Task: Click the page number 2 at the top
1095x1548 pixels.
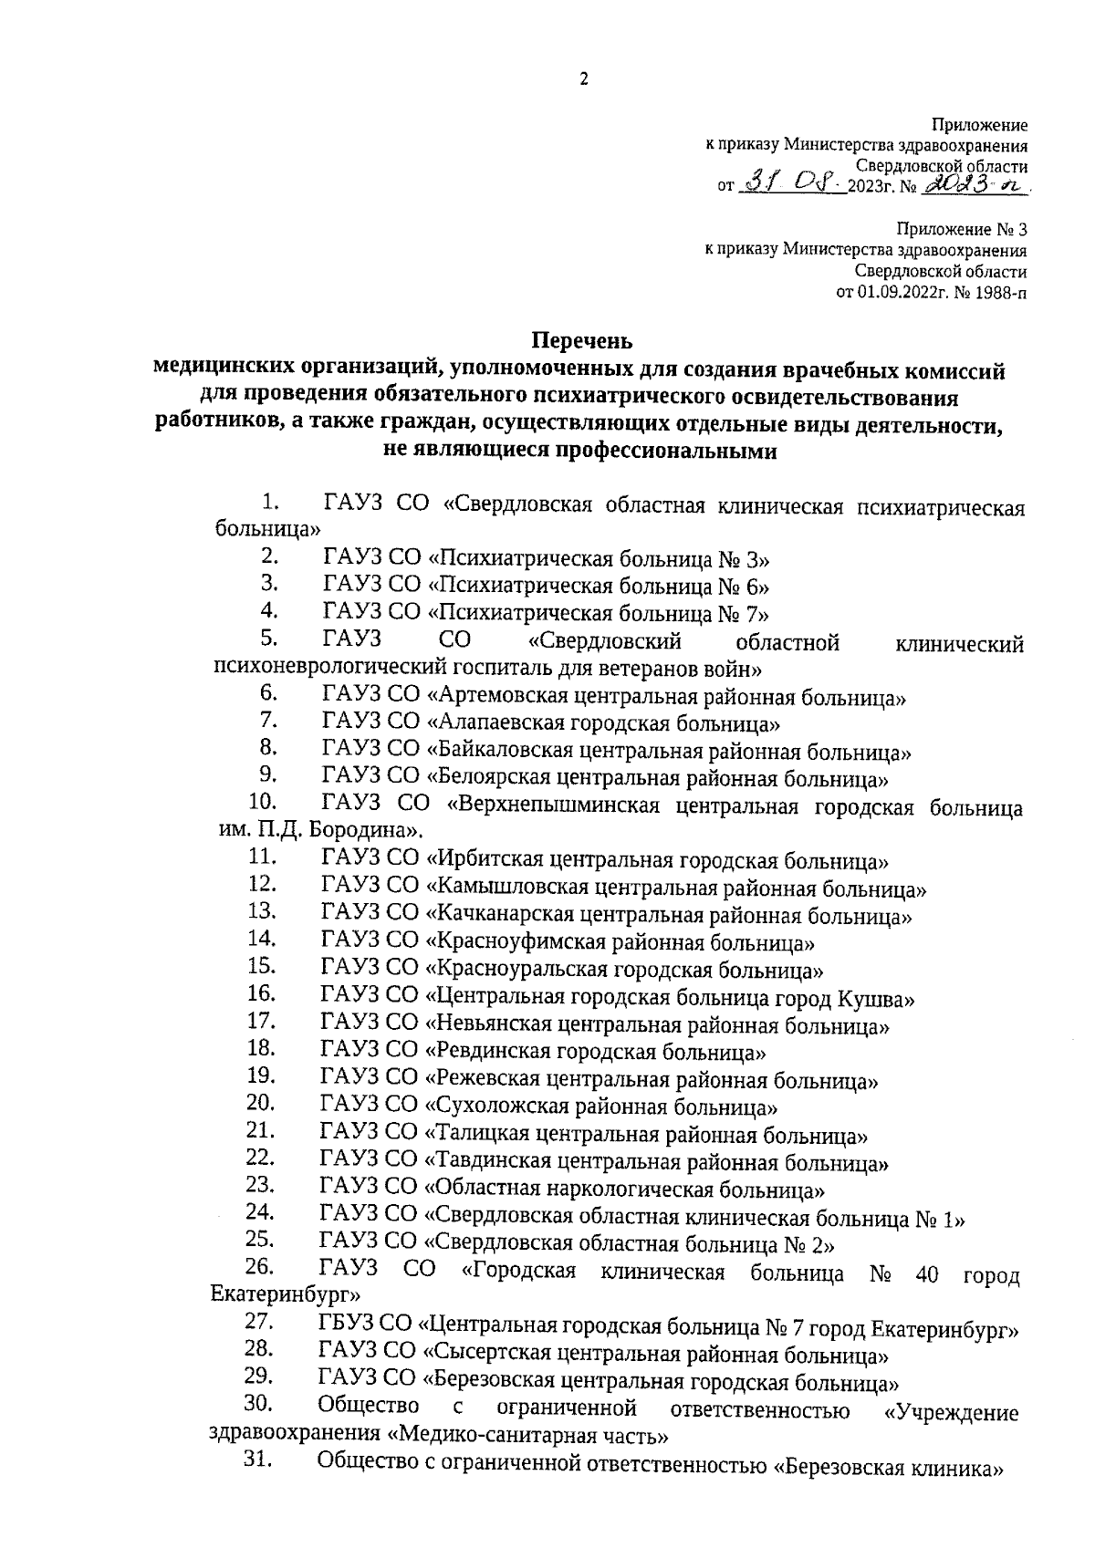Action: pyautogui.click(x=584, y=79)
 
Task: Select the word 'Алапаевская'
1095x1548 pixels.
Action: pyautogui.click(x=496, y=725)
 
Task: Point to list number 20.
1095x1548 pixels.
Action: pyautogui.click(x=260, y=1103)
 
